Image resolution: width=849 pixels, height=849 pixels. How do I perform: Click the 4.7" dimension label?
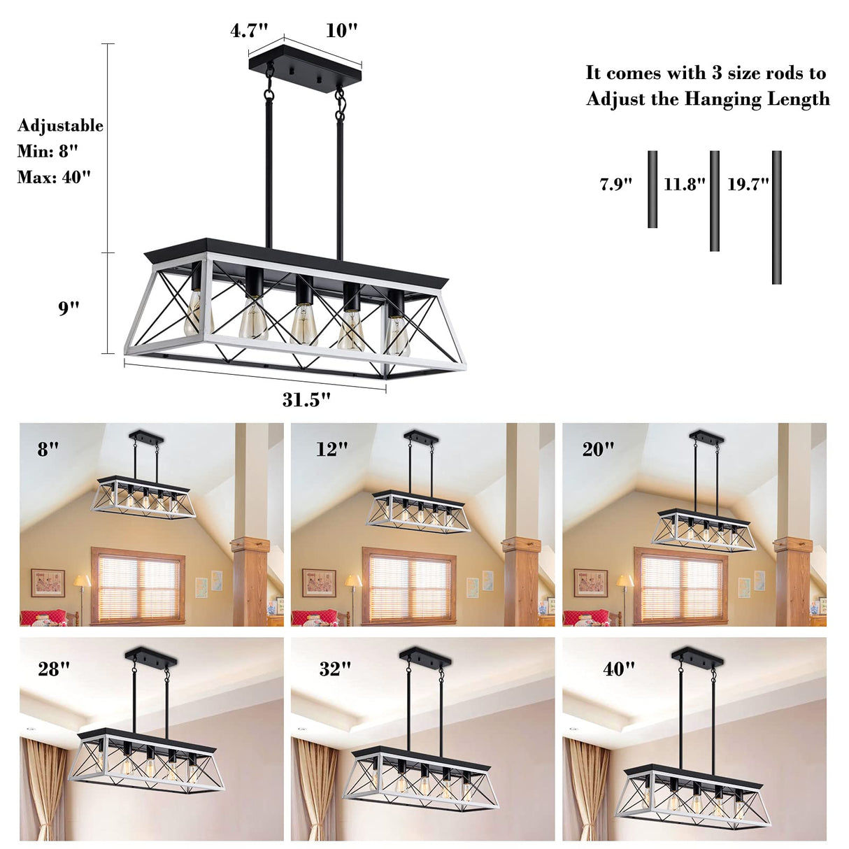249,31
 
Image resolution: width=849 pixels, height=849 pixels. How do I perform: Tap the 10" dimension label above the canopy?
341,31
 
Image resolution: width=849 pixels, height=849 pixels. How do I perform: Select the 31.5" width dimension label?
306,399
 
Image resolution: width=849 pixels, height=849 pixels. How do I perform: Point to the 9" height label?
69,308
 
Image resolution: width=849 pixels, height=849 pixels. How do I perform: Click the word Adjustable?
60,126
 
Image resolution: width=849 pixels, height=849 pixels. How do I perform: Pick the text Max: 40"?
54,177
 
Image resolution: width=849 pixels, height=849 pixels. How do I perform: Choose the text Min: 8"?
48,151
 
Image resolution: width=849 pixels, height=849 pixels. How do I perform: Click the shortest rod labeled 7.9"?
652,189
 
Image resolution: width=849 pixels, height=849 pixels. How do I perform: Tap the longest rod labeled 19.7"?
776,217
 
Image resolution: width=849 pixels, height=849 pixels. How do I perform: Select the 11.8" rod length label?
685,185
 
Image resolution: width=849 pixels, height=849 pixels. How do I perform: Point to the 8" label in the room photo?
48,450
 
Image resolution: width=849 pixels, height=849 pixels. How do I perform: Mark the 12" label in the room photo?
331,450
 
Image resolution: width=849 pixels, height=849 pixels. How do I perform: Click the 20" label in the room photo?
598,450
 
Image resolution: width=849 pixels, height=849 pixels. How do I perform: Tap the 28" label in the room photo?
54,669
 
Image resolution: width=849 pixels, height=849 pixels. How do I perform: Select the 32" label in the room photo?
335,669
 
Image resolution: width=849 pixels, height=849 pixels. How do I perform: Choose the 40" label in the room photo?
619,669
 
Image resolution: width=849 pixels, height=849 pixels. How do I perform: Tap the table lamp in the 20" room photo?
625,587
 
